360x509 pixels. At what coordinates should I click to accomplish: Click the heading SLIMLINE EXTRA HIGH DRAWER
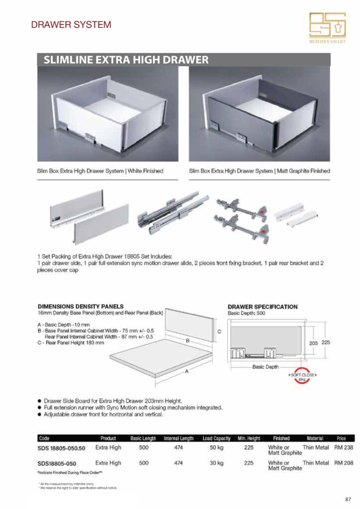tap(126, 60)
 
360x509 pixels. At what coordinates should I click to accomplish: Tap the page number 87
tap(348, 499)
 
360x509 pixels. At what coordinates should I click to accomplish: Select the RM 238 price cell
tap(344, 447)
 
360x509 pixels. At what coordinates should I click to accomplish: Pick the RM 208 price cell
tap(344, 463)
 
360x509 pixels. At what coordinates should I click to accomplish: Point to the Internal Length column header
tap(179, 438)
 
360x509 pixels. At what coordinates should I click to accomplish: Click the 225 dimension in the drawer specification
tap(326, 343)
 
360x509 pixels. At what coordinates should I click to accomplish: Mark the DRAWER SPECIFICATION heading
tap(263, 307)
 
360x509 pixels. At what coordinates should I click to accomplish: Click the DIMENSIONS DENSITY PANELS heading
tap(81, 307)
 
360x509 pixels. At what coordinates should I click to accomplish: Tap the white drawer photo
tap(107, 114)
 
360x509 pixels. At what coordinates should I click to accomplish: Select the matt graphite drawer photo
tap(259, 114)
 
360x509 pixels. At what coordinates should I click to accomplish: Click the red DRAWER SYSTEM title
tap(71, 24)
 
